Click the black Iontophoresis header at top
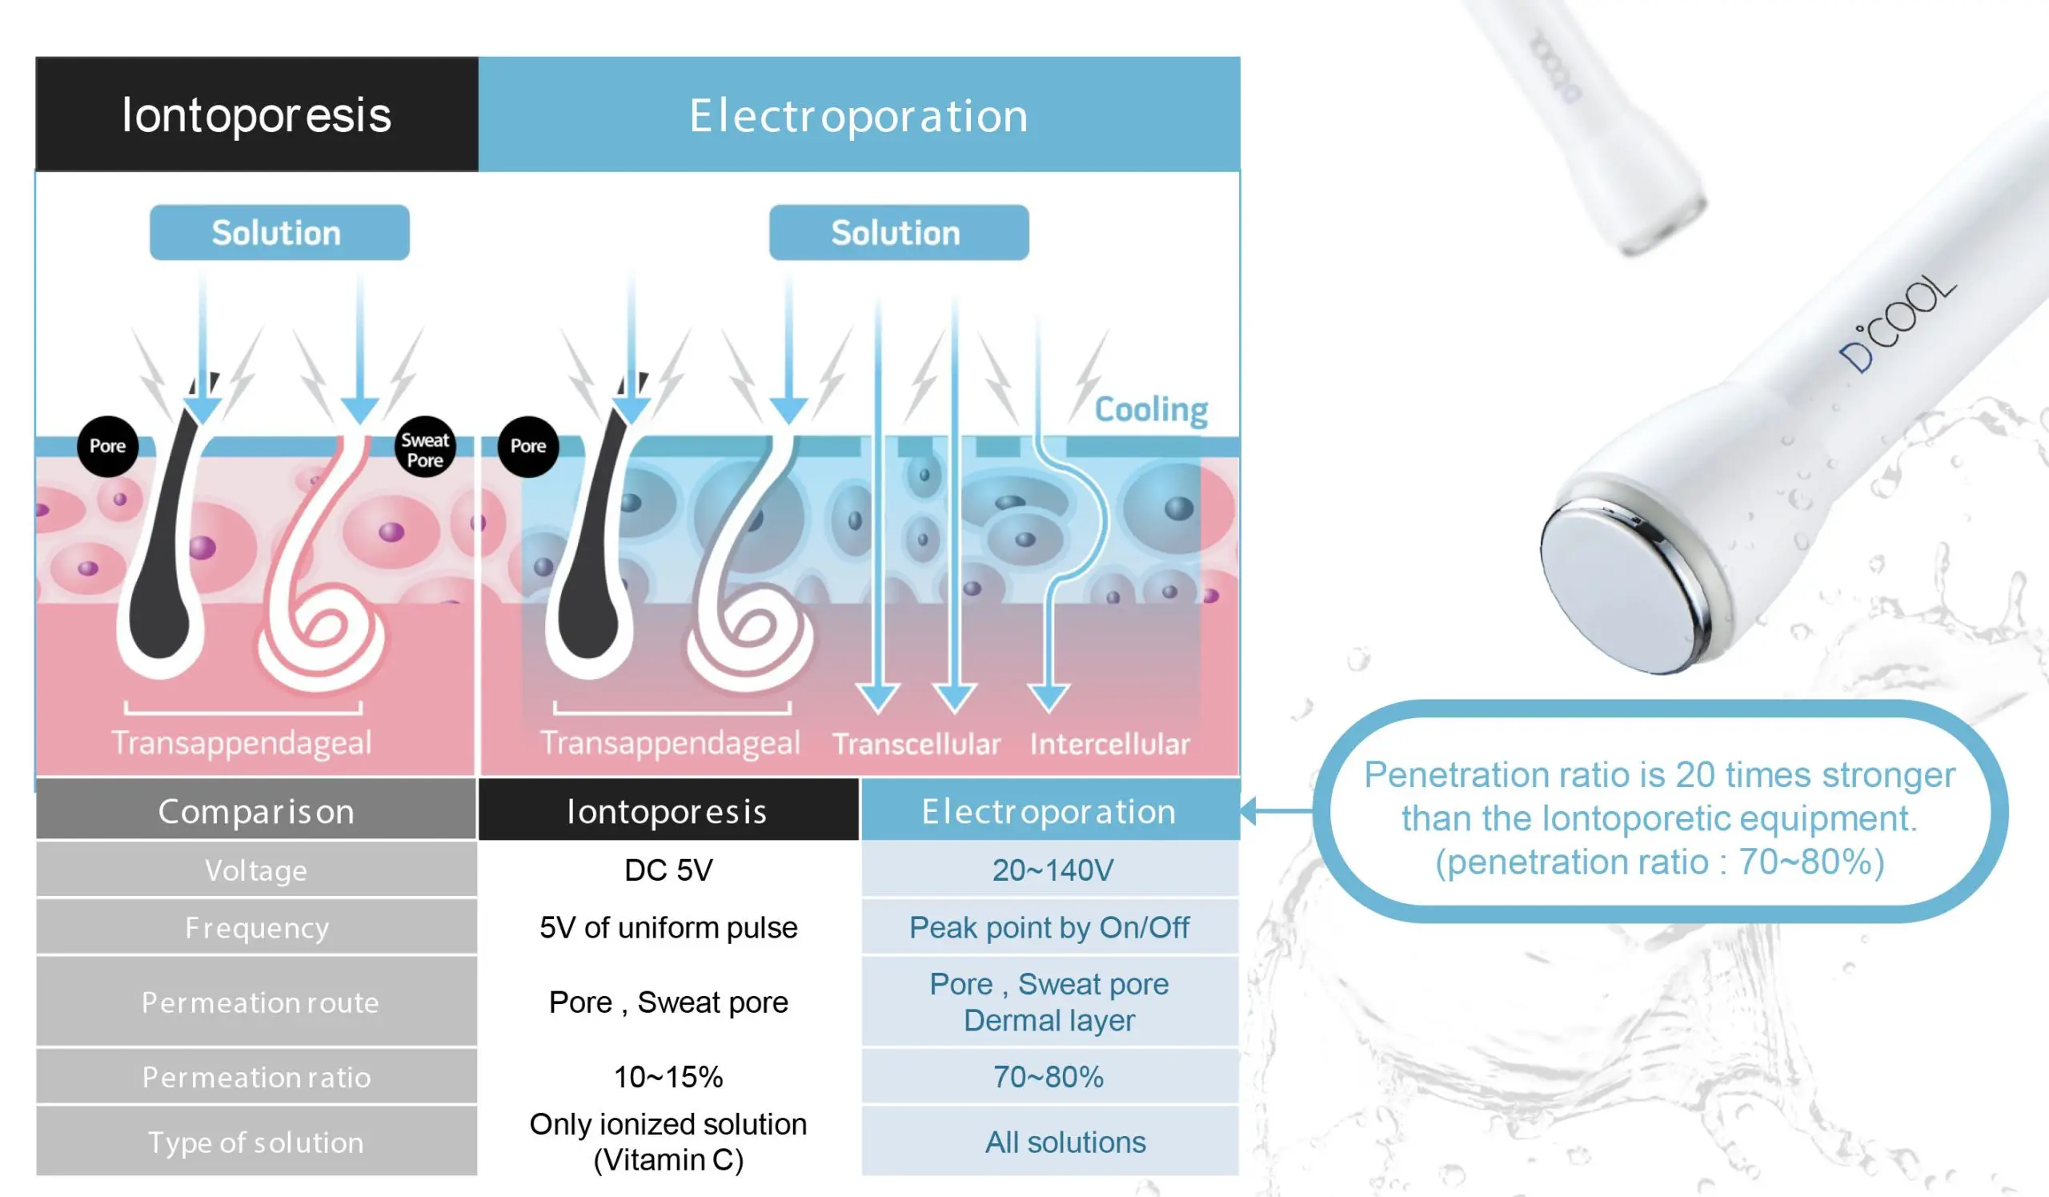click(257, 114)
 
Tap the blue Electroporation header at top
click(859, 114)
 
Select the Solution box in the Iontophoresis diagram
click(279, 232)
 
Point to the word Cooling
click(1150, 409)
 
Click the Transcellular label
click(916, 743)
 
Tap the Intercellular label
click(1110, 743)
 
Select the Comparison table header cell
click(256, 810)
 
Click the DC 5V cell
click(668, 870)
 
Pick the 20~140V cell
click(1051, 870)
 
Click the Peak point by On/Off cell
click(1051, 927)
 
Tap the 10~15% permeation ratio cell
click(668, 1077)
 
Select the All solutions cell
click(1051, 1142)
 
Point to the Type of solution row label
click(256, 1142)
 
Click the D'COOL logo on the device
click(1897, 322)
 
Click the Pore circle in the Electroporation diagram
click(527, 447)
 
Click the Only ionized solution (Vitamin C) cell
click(668, 1142)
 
